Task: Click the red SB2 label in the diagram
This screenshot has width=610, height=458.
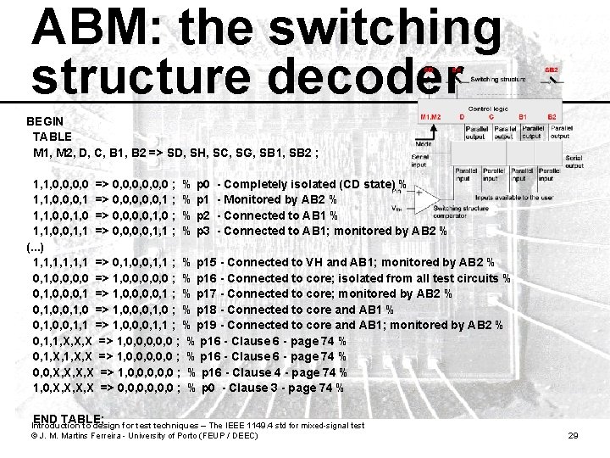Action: pos(551,69)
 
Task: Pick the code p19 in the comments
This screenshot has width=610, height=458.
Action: pos(208,326)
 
